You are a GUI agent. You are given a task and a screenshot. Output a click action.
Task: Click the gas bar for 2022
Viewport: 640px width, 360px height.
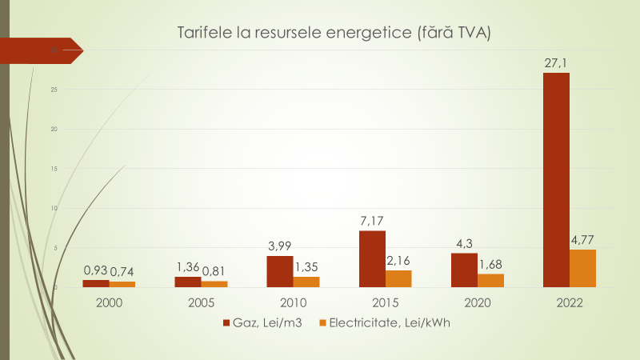pos(556,180)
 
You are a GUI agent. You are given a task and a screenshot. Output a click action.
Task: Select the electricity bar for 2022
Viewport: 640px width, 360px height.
pos(582,268)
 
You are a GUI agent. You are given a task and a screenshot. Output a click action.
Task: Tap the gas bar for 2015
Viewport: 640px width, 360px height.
pos(372,258)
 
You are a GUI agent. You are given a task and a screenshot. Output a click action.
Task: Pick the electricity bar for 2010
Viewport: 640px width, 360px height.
pos(306,282)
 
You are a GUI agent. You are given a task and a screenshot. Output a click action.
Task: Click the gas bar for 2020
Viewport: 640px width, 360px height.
pos(464,270)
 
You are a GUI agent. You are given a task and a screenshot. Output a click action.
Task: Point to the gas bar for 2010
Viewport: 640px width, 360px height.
pos(280,271)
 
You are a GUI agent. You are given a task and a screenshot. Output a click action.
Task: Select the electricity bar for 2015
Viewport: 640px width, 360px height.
pos(398,278)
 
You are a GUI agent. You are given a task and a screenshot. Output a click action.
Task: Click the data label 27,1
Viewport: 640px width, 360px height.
pos(556,62)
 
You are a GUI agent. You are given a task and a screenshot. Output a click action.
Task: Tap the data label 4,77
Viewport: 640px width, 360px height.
pos(582,238)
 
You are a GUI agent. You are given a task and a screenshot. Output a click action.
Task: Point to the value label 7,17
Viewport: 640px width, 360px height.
pos(372,219)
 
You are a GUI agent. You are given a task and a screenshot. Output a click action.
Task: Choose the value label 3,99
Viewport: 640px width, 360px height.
pos(280,245)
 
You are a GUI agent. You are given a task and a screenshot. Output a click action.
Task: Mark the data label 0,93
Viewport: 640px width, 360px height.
pos(96,270)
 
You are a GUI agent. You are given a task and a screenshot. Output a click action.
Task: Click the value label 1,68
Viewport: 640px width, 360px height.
pos(490,263)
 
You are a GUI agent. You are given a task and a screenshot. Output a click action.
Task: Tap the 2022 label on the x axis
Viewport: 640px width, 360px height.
pos(569,303)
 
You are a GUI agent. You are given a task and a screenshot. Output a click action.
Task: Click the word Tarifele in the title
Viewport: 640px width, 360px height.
pos(202,34)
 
